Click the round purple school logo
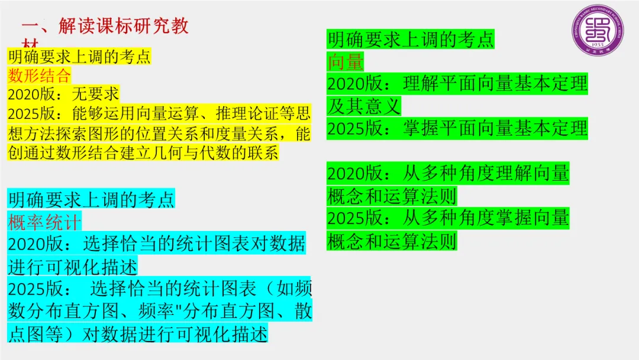pos(598,31)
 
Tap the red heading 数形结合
pos(39,75)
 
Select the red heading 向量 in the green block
pos(346,61)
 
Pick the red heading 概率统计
pos(44,221)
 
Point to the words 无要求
pos(95,94)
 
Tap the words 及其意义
pos(364,106)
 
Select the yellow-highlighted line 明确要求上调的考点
pos(79,57)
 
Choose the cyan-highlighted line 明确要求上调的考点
pos(92,199)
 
